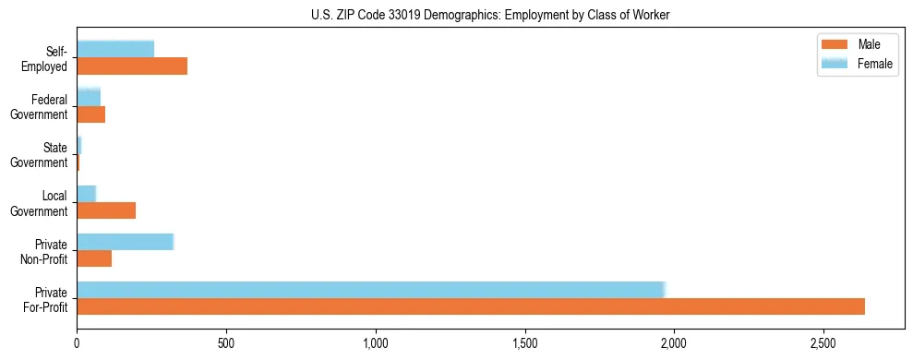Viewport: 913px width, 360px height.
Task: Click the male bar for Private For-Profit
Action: click(471, 306)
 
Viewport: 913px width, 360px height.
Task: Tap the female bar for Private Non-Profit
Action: click(125, 242)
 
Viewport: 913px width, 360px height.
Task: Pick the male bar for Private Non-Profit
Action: click(94, 258)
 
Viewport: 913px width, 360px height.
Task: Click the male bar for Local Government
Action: click(106, 210)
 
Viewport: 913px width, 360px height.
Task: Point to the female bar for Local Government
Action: click(86, 194)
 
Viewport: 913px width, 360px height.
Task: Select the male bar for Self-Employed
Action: click(132, 66)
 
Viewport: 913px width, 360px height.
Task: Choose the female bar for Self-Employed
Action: click(115, 49)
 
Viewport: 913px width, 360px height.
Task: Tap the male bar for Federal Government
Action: click(90, 114)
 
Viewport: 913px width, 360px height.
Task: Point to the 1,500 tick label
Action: click(525, 343)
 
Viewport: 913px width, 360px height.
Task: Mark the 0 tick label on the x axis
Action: click(77, 343)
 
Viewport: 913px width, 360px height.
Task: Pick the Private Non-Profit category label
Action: click(45, 251)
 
